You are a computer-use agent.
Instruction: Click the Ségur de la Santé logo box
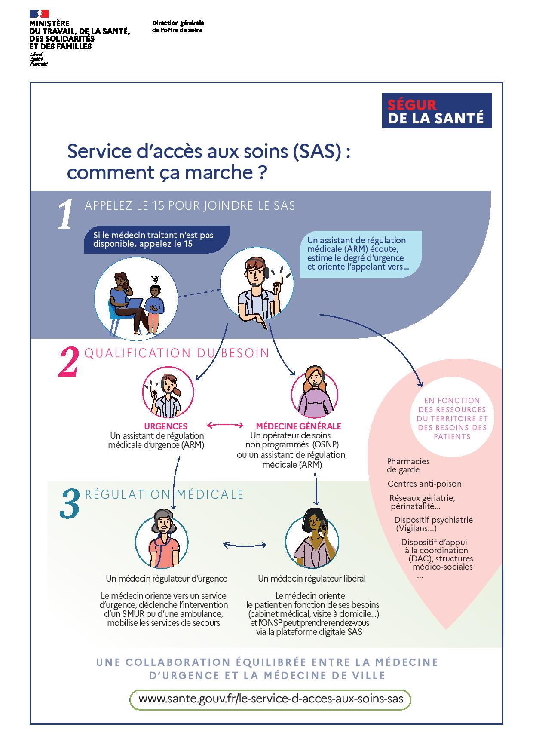437,110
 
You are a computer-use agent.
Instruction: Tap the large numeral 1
65,214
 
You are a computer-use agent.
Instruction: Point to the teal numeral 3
69,503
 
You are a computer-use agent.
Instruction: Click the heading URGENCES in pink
165,426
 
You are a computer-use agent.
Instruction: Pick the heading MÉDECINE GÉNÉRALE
298,426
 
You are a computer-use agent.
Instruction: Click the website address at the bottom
270,699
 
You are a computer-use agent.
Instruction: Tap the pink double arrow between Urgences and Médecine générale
225,426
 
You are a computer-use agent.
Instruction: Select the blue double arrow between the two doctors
245,545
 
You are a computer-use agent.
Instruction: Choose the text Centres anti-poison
424,484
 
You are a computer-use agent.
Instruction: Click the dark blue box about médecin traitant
156,239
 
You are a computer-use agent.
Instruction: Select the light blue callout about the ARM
360,254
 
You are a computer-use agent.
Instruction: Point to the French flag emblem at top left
40,13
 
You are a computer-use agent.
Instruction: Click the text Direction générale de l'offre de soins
178,27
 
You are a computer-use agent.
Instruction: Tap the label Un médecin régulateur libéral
312,579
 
